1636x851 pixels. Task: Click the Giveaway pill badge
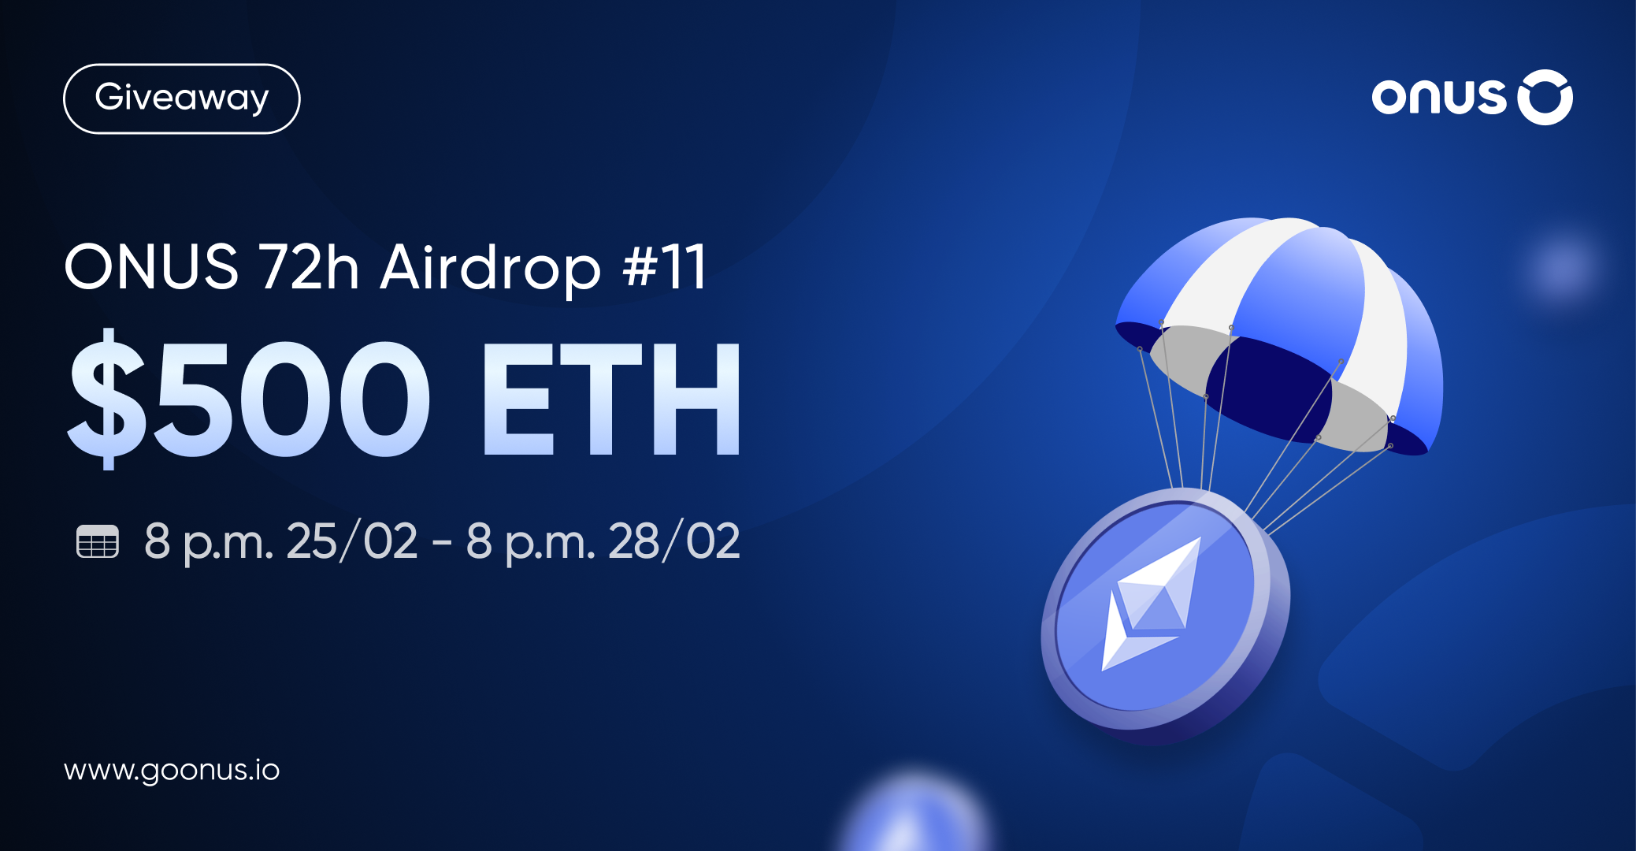(181, 98)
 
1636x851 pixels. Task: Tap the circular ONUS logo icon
(1545, 98)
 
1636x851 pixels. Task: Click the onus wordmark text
(1438, 98)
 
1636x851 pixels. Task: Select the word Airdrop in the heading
(490, 268)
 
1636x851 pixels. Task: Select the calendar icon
(98, 541)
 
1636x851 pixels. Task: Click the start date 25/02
(351, 541)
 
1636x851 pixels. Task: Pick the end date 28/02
(673, 541)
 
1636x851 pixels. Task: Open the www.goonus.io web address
(172, 770)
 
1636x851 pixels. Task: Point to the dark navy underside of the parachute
(1268, 386)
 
